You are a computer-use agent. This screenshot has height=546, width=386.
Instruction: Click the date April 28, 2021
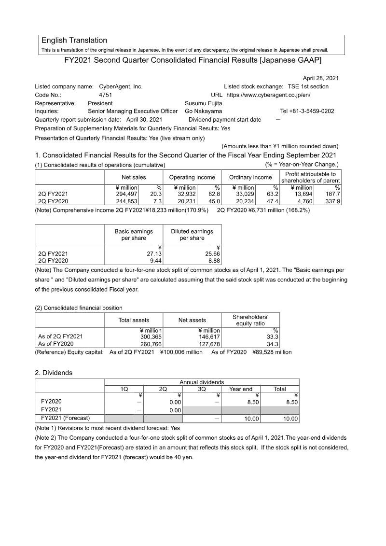[320, 78]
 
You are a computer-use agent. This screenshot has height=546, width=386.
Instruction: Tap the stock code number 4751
[105, 95]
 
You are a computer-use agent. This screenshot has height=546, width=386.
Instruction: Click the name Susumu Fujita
[204, 103]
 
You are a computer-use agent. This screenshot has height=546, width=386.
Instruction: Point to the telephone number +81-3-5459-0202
[307, 111]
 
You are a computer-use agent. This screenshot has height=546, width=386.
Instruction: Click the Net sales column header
[134, 177]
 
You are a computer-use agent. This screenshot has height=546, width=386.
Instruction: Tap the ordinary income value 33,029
[244, 194]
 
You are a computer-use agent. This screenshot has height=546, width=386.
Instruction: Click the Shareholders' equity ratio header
[250, 320]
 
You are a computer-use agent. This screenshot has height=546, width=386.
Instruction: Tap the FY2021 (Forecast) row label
[66, 418]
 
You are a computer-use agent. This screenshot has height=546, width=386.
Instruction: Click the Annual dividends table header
[201, 382]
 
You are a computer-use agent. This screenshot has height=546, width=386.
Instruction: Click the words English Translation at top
[74, 41]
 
